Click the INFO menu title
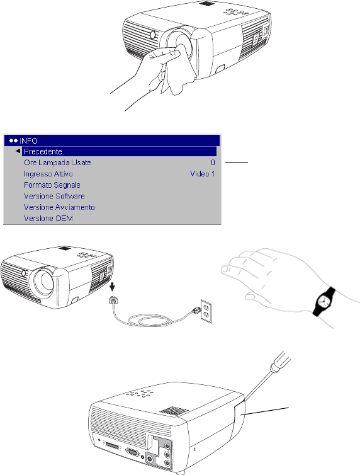[28, 141]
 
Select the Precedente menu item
[43, 151]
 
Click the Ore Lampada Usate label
[57, 163]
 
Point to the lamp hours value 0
[213, 163]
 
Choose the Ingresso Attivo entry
[48, 174]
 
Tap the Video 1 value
[203, 174]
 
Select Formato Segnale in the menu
[52, 185]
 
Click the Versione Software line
[54, 196]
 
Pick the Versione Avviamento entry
[59, 207]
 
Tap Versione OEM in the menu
[48, 219]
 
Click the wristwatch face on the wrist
[323, 302]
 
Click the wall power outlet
[206, 311]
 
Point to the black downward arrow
[112, 287]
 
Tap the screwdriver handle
[280, 362]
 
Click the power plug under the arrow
[113, 300]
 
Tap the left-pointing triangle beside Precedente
[18, 151]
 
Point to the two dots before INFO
[13, 141]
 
